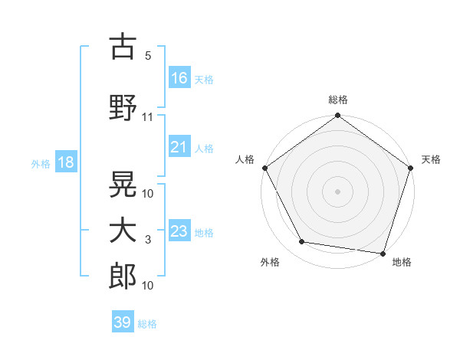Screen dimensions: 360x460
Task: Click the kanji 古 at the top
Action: (x=123, y=47)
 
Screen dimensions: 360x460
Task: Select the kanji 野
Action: (x=123, y=108)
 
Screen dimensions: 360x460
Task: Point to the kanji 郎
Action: (x=123, y=276)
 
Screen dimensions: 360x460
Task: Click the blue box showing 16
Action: (x=179, y=78)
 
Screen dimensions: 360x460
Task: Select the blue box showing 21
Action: (x=179, y=147)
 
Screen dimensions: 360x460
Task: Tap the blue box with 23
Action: (x=179, y=231)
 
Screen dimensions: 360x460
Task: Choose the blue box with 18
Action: (x=65, y=162)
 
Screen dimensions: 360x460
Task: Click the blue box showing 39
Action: (x=123, y=322)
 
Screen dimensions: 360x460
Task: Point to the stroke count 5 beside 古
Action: (x=148, y=56)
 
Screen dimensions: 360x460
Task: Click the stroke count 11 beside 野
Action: (x=148, y=117)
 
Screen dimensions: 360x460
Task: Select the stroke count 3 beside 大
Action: (x=148, y=240)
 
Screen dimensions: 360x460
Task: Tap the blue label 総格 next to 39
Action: (x=147, y=324)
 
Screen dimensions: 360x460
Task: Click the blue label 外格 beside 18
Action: (x=41, y=163)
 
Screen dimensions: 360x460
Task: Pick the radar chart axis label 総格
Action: (x=337, y=100)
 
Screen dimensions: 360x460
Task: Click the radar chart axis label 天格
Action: (x=431, y=159)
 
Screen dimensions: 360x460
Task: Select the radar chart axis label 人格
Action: (x=245, y=159)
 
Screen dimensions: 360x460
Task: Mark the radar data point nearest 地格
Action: (x=383, y=253)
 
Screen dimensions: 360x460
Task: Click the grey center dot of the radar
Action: (x=337, y=191)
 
